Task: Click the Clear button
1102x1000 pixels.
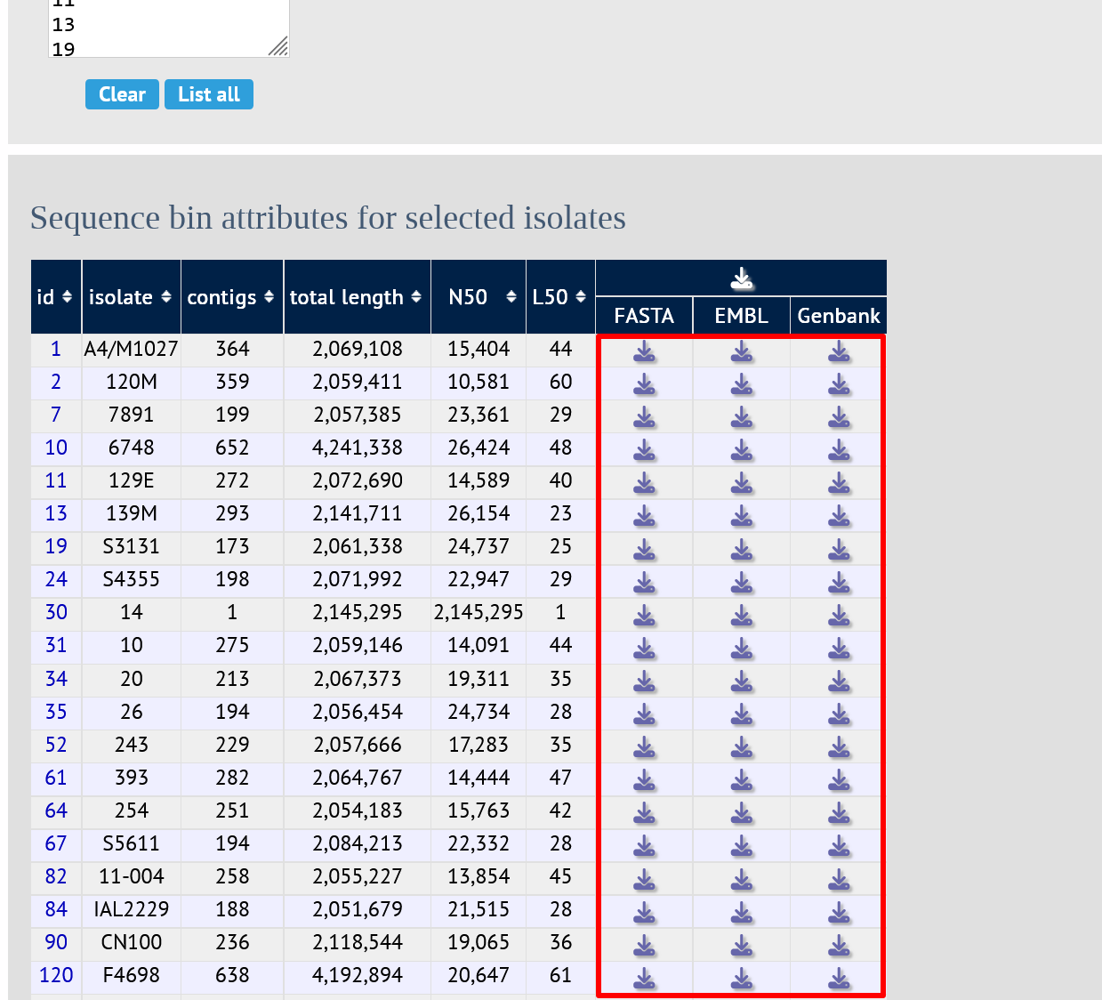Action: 122,94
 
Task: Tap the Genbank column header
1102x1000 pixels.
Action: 839,316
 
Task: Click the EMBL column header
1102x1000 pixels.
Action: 741,316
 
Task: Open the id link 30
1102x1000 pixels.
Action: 56,612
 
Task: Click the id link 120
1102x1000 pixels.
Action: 56,975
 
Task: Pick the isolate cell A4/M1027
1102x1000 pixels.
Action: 131,349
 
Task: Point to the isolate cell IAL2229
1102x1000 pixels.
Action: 132,908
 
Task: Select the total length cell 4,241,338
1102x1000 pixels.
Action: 357,448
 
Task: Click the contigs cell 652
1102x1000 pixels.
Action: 232,448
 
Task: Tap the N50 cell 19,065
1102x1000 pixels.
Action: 479,942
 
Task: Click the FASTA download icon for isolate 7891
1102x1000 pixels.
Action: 644,416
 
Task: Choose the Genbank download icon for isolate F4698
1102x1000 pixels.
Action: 839,977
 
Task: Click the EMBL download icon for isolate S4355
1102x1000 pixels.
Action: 742,581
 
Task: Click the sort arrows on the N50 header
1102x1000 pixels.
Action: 511,297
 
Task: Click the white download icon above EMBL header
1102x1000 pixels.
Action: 742,278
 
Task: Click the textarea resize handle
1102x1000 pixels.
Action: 278,46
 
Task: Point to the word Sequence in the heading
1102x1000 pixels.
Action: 94,218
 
